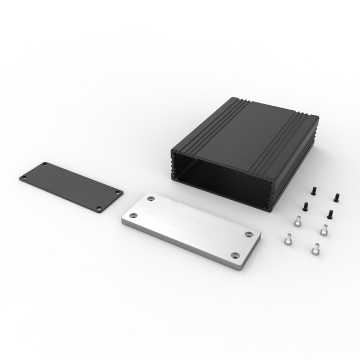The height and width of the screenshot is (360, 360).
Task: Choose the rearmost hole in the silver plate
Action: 152,198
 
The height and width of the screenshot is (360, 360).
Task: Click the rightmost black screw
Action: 336,196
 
